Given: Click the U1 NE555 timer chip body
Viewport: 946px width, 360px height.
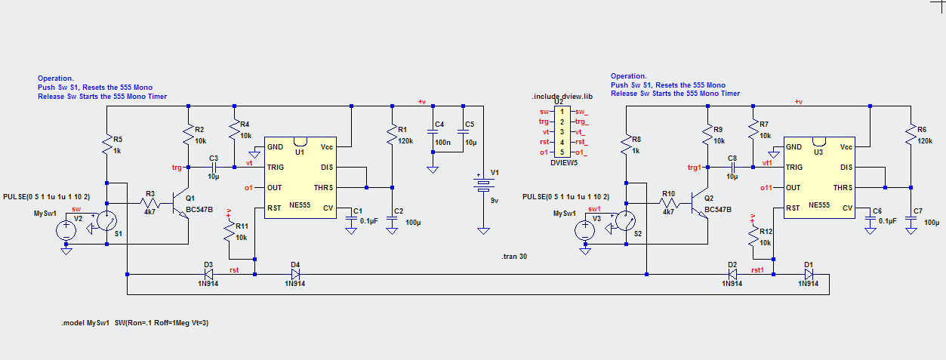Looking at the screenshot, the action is (300, 177).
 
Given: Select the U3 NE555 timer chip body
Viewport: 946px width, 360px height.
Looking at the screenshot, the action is (819, 177).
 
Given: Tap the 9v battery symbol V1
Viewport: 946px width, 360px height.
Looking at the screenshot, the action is (483, 184).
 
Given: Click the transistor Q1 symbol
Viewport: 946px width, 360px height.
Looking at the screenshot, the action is (180, 205).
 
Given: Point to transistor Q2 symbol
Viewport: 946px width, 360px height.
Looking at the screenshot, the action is (699, 205).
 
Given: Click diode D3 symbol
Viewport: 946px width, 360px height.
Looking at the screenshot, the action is (208, 274).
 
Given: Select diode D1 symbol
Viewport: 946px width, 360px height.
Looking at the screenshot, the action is (809, 274).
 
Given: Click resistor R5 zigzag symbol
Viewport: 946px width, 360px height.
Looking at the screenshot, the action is (107, 145).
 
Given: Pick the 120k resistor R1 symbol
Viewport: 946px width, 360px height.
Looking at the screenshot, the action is (392, 134).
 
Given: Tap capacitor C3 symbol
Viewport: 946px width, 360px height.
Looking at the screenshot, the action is (214, 167).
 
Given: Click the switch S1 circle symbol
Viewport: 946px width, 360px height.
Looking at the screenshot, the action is (107, 220).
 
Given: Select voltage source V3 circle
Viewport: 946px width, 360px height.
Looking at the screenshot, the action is (585, 231).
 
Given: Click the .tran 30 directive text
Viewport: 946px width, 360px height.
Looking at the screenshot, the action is (514, 256).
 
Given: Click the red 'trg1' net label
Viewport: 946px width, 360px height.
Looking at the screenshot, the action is (695, 168).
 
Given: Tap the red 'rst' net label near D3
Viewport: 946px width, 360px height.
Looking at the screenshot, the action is (234, 270).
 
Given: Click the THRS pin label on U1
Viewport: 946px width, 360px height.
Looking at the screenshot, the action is (323, 187).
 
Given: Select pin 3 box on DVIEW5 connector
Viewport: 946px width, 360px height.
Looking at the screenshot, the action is (562, 132).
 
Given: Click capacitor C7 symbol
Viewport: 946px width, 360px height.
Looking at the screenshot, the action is (911, 219).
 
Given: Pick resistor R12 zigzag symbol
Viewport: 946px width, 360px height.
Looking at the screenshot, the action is (753, 237).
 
